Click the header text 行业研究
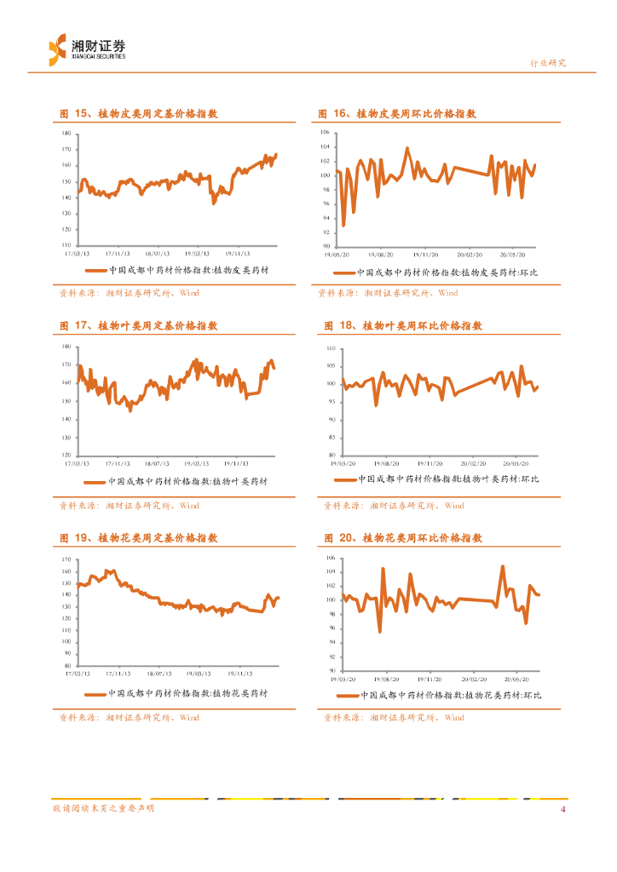click(548, 63)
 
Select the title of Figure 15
click(138, 113)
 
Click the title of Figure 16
click(396, 113)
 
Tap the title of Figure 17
click(138, 325)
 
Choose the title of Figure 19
click(138, 538)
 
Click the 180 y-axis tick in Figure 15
click(66, 135)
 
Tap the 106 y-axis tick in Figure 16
click(325, 133)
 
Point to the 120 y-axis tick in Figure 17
click(66, 456)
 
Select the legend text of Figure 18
click(448, 479)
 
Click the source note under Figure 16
click(388, 293)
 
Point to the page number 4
click(562, 809)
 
